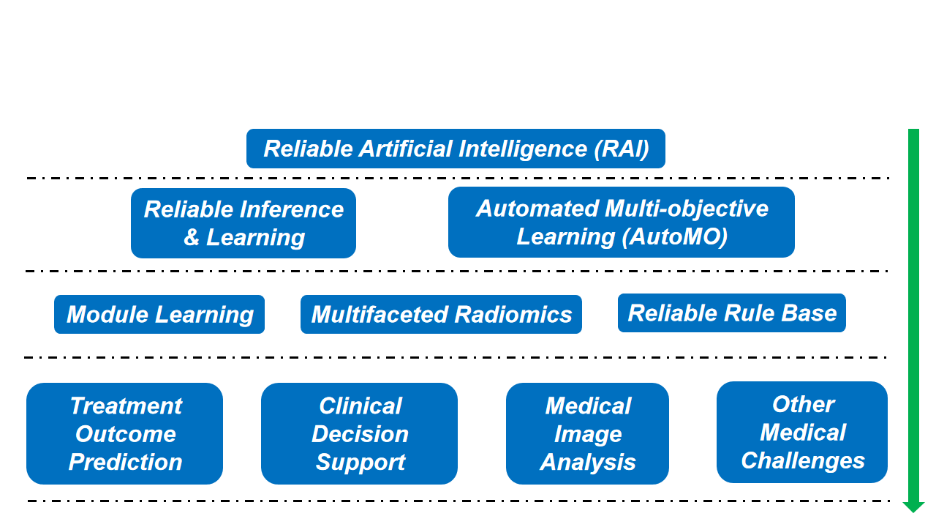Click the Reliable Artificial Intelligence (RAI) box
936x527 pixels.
point(456,149)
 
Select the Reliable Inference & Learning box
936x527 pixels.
point(244,223)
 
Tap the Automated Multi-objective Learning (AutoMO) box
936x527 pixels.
point(622,222)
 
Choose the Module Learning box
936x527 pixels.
point(159,314)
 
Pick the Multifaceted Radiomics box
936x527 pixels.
point(441,314)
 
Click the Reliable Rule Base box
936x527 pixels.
point(732,313)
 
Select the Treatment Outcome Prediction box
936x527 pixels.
point(124,434)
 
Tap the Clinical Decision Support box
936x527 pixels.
point(359,434)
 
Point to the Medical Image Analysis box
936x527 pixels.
point(587,434)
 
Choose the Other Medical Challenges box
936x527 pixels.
point(802,432)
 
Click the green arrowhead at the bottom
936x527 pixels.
point(913,507)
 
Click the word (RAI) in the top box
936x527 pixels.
point(622,149)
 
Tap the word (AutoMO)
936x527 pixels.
point(674,236)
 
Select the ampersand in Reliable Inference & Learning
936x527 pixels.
point(192,237)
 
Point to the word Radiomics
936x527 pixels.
point(513,315)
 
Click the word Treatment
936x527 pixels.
point(126,405)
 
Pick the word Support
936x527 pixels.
point(361,463)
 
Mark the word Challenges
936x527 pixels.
point(803,460)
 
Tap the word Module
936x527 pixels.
point(107,315)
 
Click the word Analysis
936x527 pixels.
point(587,463)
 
